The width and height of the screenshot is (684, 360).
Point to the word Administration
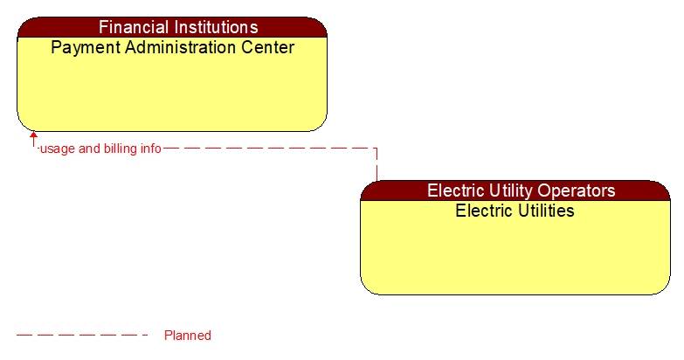pos(181,47)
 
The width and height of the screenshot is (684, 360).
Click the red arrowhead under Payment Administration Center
pos(33,135)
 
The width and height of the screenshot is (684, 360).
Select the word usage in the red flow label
pos(58,149)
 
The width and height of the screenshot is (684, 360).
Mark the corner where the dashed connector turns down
pos(377,149)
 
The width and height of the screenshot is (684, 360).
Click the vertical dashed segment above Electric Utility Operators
pos(377,165)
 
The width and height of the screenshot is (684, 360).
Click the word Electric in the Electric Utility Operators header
pos(454,190)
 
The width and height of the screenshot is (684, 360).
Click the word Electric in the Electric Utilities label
pos(482,211)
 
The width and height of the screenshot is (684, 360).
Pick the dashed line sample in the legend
pos(82,335)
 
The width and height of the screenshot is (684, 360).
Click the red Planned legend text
pos(188,336)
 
